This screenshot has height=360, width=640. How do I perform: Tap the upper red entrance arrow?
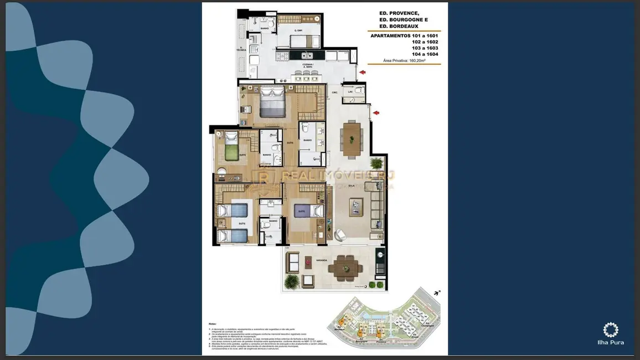[x=362, y=73]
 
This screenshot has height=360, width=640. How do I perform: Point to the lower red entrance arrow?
[x=376, y=114]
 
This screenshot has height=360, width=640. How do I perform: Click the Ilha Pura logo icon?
[x=611, y=330]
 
